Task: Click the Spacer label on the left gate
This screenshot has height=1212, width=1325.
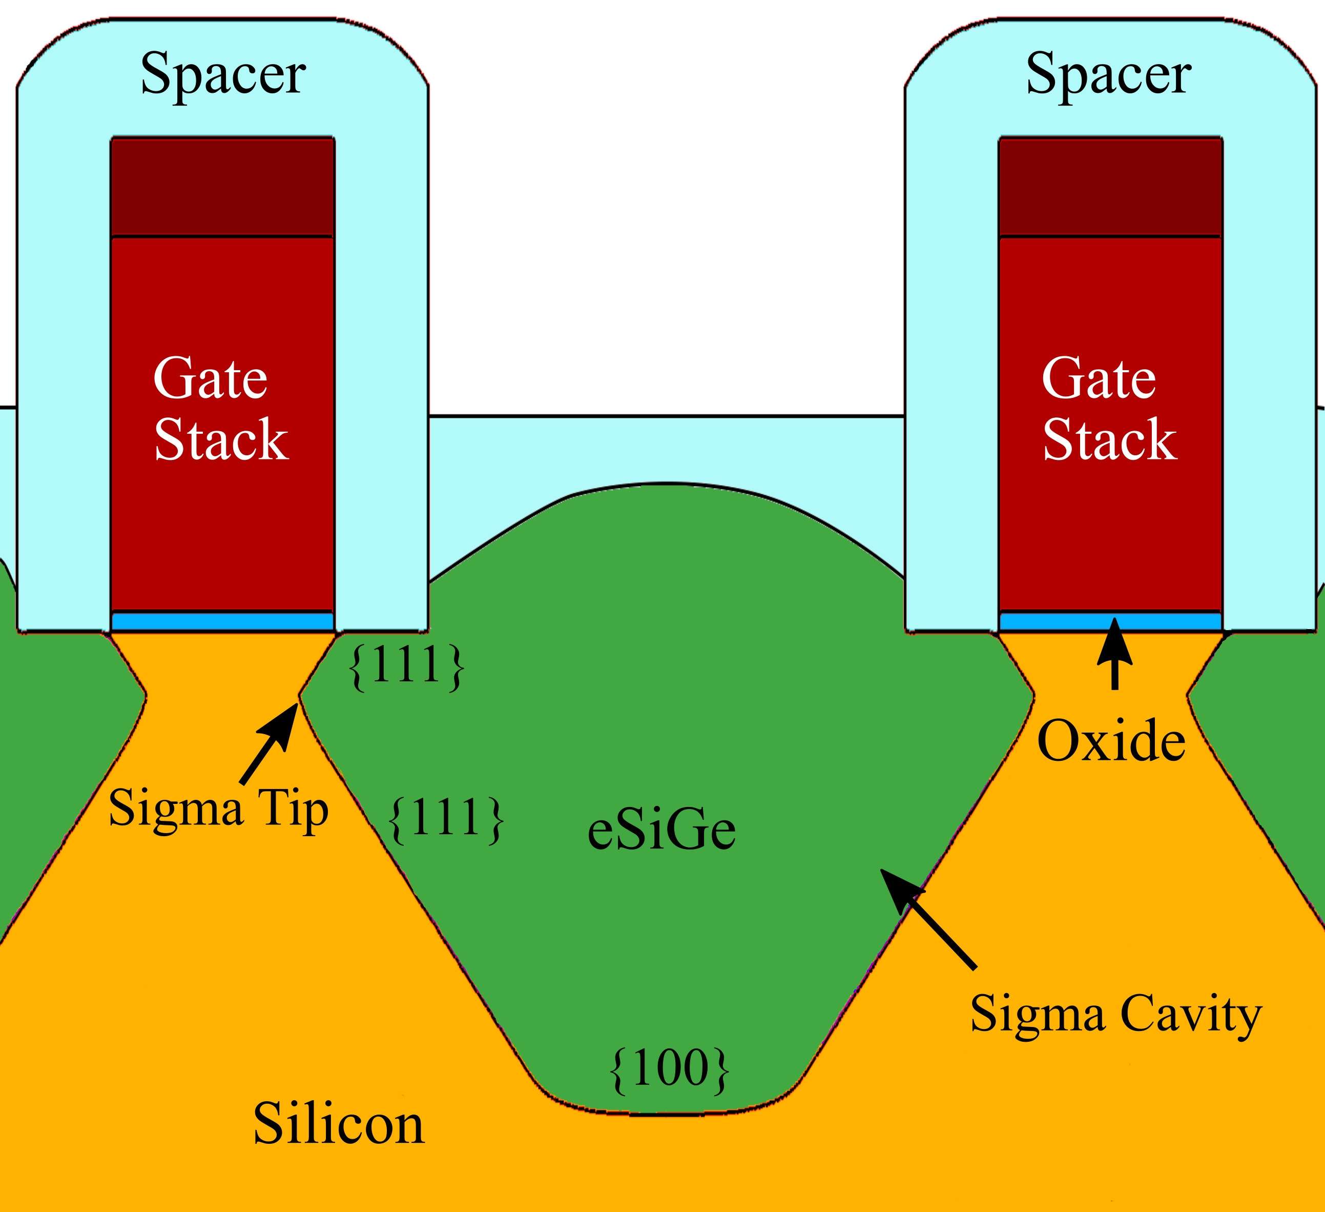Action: (x=223, y=74)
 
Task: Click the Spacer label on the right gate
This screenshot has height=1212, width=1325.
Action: (x=1108, y=74)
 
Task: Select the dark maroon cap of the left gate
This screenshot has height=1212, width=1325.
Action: (x=223, y=187)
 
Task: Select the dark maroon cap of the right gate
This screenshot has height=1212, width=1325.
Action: (x=1110, y=187)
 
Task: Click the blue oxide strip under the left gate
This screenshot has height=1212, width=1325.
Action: (x=223, y=621)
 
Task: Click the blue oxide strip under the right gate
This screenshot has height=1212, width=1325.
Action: (x=1110, y=621)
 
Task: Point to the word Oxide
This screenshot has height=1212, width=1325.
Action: (x=1111, y=741)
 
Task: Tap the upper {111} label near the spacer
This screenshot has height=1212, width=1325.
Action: (x=407, y=666)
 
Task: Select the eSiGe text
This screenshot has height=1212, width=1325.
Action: (x=660, y=831)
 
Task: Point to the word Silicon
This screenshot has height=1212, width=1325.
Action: (x=339, y=1124)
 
